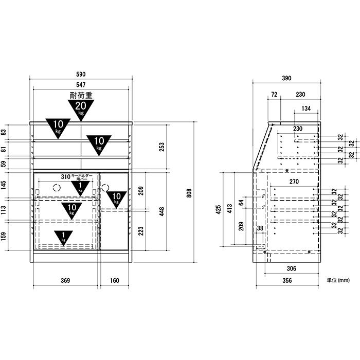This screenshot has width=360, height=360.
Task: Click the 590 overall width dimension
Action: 81,74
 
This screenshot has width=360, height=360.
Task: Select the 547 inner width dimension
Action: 81,85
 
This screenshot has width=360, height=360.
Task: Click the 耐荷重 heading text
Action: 81,95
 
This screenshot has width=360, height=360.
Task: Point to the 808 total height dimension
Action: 189,193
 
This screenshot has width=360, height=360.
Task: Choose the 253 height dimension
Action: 162,147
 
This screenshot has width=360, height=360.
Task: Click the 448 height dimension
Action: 162,211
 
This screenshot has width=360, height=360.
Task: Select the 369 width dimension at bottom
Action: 65,280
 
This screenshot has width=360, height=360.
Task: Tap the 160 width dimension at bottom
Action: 114,280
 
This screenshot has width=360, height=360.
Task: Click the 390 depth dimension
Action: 286,78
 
